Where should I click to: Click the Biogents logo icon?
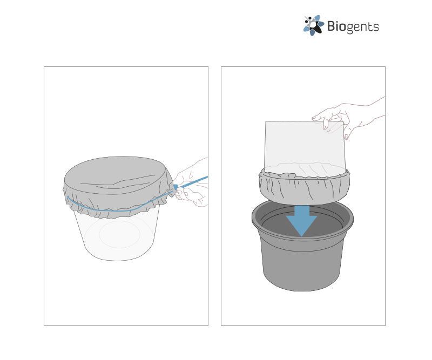[x=313, y=25]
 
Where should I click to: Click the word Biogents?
[x=353, y=27]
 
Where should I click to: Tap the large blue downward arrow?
[x=302, y=221]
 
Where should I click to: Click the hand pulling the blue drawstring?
[x=192, y=183]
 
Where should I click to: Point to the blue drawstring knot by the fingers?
[x=175, y=187]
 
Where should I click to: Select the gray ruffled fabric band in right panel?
[x=304, y=187]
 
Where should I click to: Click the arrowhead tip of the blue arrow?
[x=302, y=236]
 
